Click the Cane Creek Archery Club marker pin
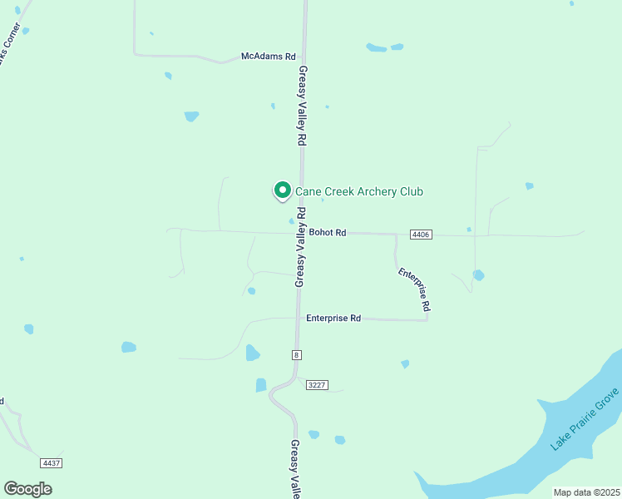point(282,190)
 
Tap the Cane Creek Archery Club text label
point(359,192)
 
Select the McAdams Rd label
point(268,57)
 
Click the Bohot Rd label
point(327,233)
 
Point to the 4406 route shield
point(421,235)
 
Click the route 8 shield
point(296,355)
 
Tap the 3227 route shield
point(317,385)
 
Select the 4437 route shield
point(52,462)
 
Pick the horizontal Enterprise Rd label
point(333,318)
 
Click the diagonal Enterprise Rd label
point(413,289)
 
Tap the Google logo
point(27,489)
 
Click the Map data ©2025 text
point(585,492)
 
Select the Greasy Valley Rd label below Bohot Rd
point(300,259)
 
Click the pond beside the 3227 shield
point(261,385)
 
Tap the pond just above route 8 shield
point(252,353)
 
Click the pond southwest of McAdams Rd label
point(191,116)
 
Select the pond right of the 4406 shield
point(478,274)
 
